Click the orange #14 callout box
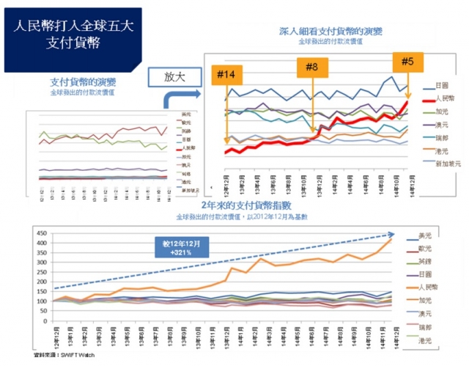(226, 75)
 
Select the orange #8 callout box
(312, 67)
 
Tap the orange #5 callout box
(407, 61)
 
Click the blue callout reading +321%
(181, 246)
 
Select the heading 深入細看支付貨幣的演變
(330, 32)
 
